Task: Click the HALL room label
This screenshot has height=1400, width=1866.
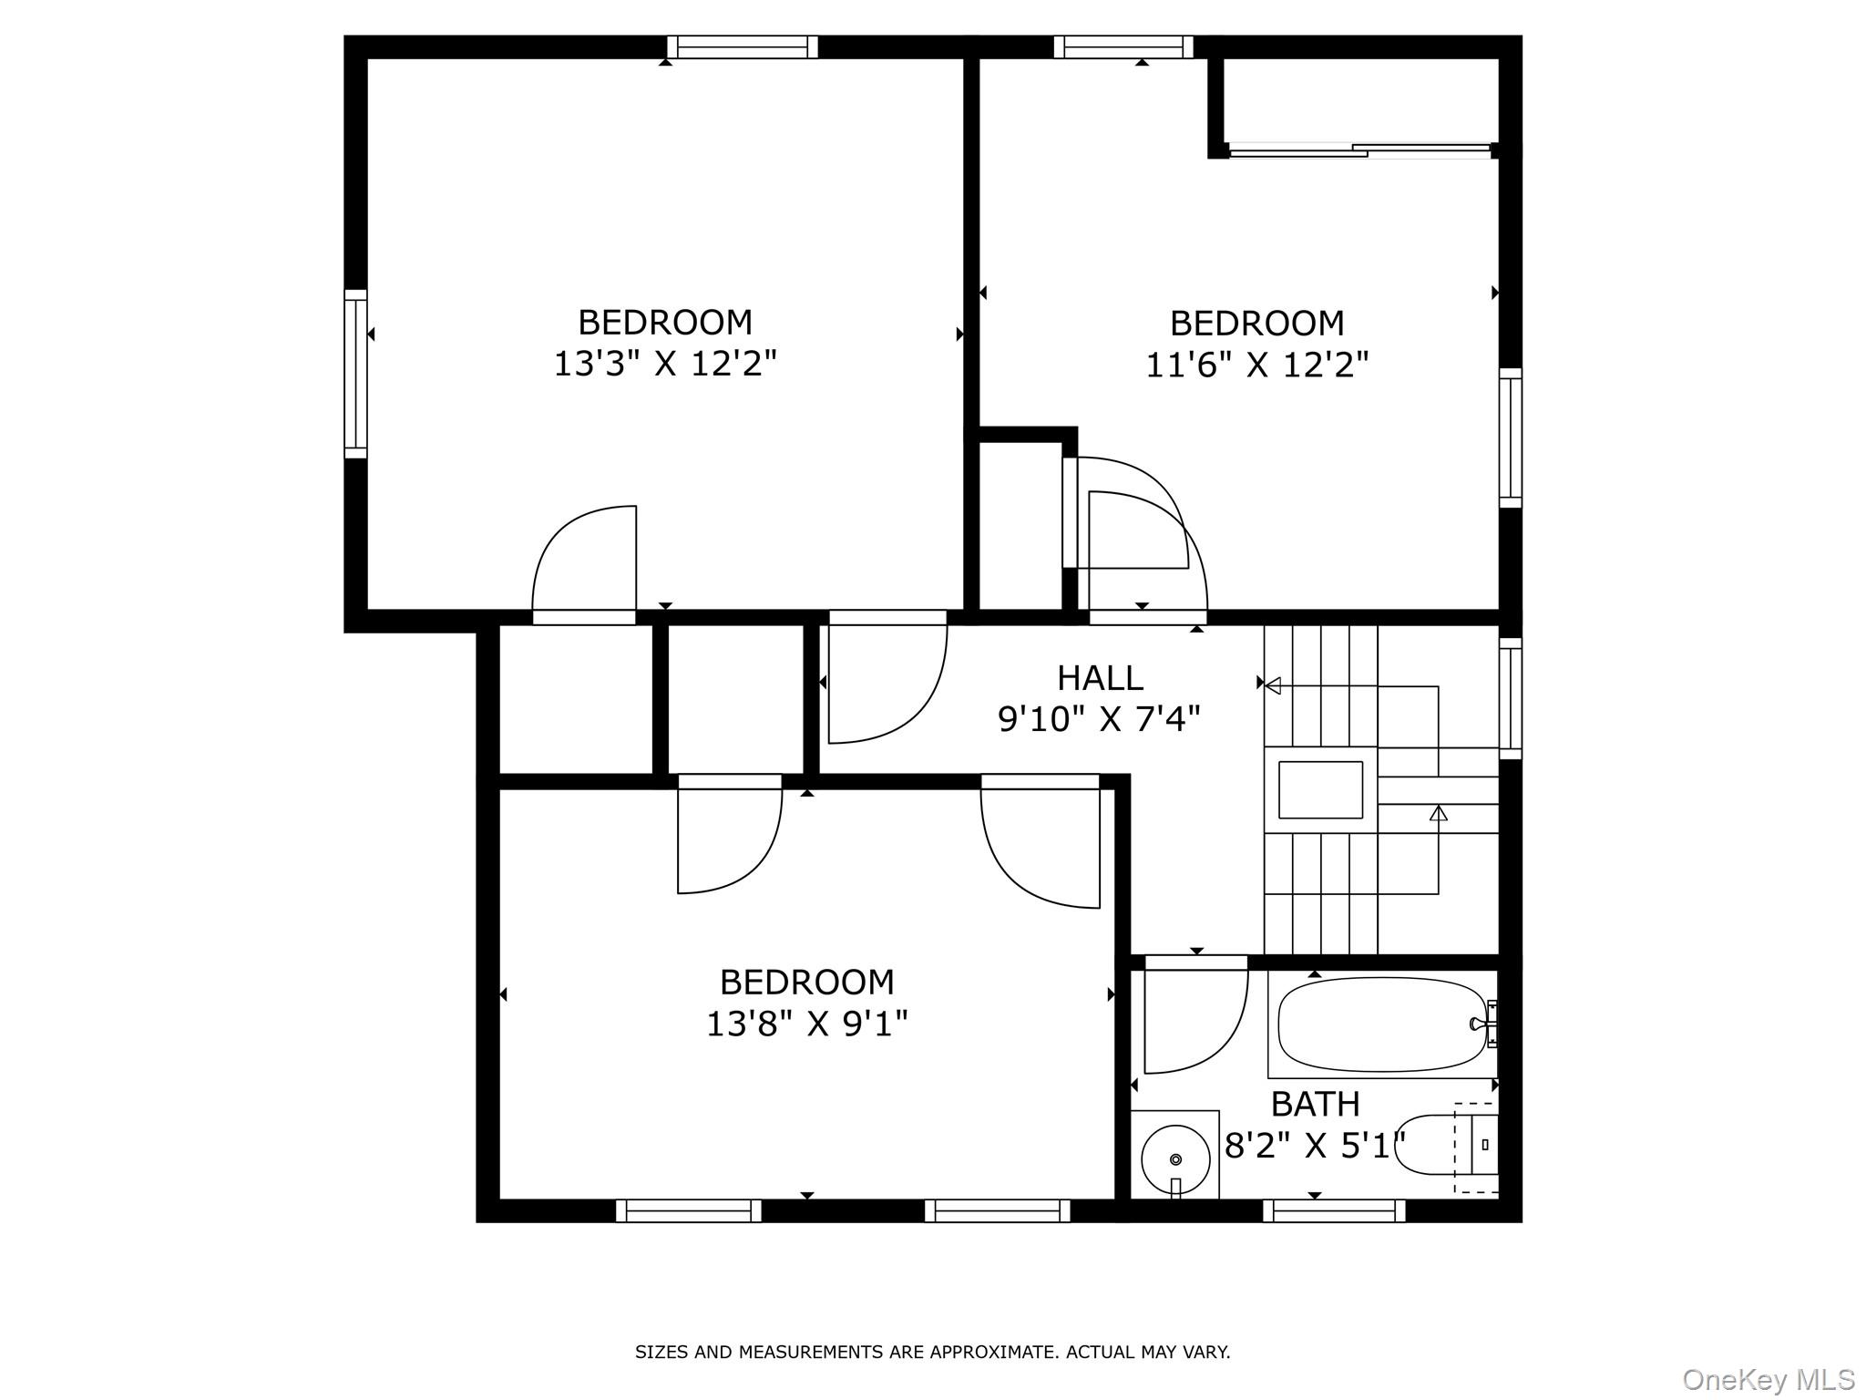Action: (x=1100, y=678)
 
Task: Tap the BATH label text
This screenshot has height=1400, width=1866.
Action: (x=1315, y=1104)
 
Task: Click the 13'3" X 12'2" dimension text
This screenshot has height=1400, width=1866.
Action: (x=665, y=364)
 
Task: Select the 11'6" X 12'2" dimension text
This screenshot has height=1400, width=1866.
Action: (x=1256, y=365)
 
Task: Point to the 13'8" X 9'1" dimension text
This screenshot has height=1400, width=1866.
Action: (x=807, y=1024)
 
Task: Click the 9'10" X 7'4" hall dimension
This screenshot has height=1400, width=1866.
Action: (x=1099, y=719)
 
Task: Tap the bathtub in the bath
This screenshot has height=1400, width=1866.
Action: (x=1382, y=1024)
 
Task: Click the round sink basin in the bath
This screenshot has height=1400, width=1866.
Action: (x=1175, y=1158)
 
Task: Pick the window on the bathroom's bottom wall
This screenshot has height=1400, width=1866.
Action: (x=1334, y=1210)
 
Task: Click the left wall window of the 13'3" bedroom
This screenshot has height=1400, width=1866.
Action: (x=355, y=374)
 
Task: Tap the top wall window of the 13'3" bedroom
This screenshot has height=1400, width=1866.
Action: (x=743, y=46)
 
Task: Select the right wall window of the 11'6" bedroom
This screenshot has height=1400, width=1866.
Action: (x=1510, y=438)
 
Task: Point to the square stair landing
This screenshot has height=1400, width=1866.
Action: (x=1320, y=789)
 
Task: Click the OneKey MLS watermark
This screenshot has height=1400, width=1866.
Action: (x=1769, y=1379)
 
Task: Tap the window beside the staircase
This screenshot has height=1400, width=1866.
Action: (x=1510, y=698)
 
